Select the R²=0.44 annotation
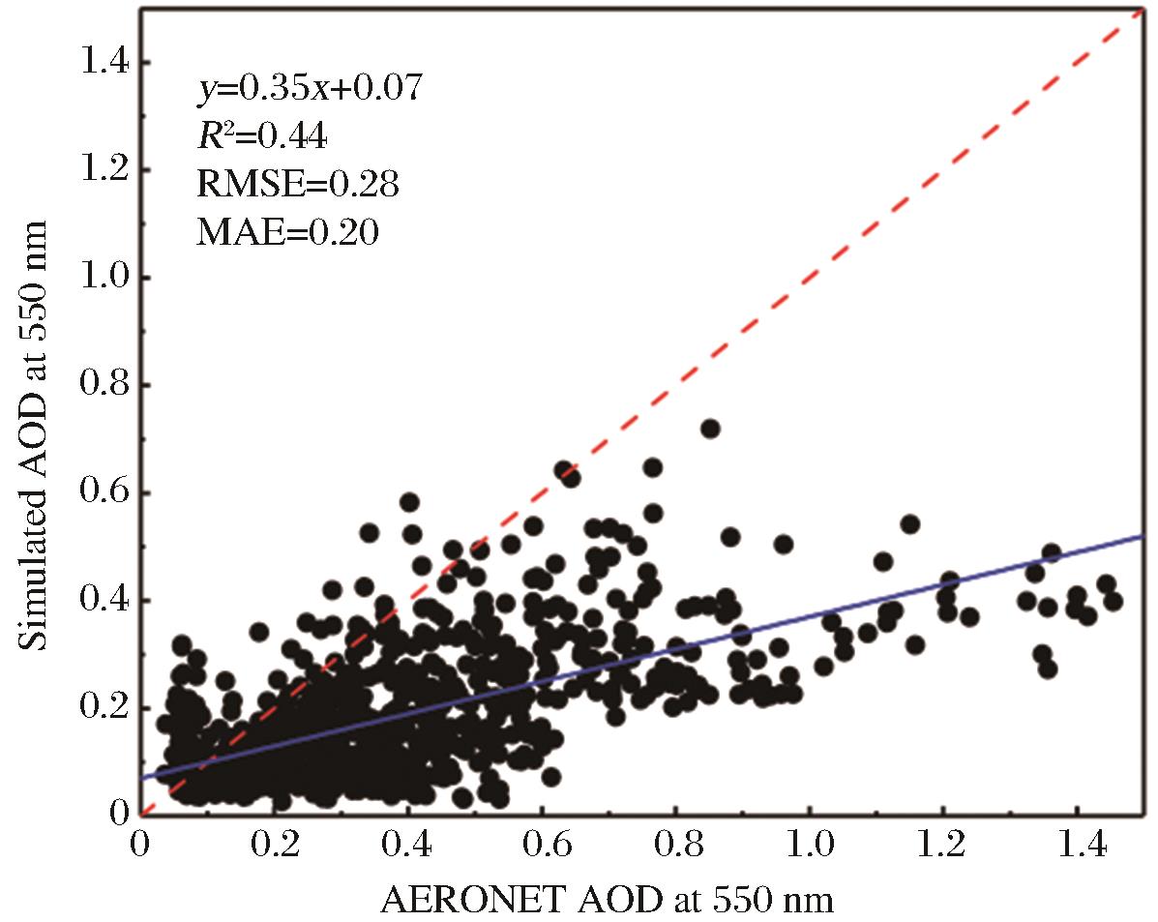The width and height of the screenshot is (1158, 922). (x=261, y=136)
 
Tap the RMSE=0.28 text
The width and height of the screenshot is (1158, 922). (x=297, y=184)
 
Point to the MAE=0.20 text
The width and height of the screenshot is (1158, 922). (x=288, y=232)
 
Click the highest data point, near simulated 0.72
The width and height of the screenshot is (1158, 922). (x=710, y=429)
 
